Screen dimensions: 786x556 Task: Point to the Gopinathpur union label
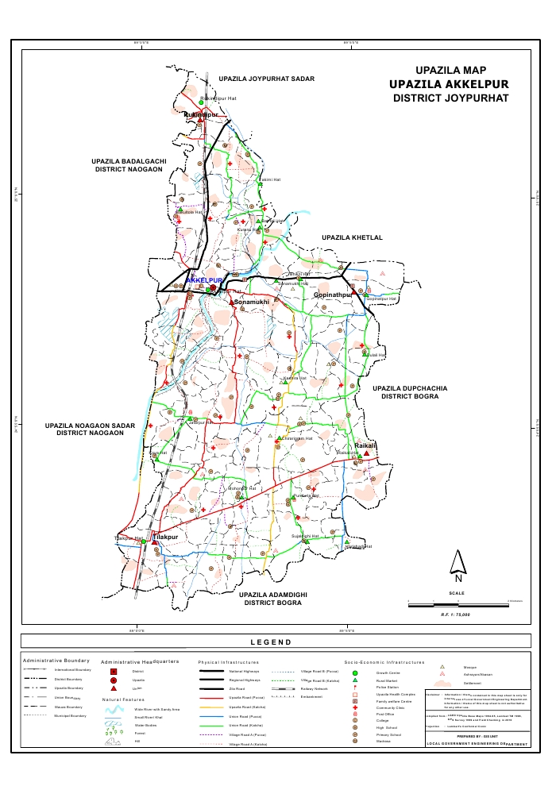(333, 295)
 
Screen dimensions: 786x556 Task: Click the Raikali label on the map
(366, 447)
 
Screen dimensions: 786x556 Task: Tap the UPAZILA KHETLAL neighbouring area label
(352, 237)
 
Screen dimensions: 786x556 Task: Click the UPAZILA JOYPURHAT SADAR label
(267, 79)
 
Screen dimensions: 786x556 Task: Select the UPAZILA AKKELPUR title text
(449, 84)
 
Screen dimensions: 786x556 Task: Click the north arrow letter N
(458, 577)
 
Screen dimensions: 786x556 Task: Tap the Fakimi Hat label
(272, 180)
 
